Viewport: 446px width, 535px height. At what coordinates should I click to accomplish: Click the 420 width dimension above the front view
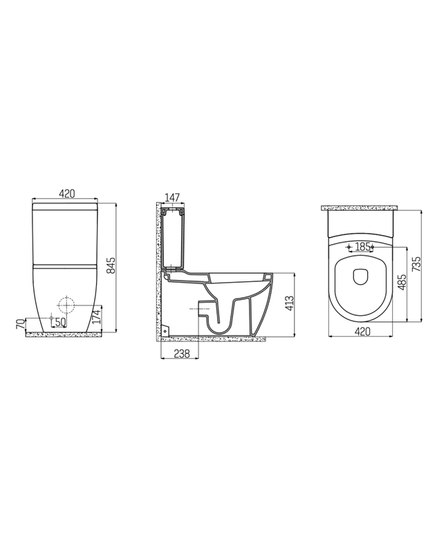tap(66, 194)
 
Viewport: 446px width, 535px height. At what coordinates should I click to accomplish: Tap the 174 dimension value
tap(97, 317)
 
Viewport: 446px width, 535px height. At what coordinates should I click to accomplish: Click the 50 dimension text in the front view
tap(60, 322)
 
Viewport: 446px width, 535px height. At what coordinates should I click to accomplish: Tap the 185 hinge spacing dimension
tap(362, 246)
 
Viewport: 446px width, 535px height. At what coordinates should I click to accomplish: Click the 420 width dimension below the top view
tap(362, 332)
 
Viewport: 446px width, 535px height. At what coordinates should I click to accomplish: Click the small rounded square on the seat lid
tap(361, 276)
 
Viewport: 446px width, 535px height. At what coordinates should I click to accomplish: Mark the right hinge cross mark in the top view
tap(373, 246)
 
